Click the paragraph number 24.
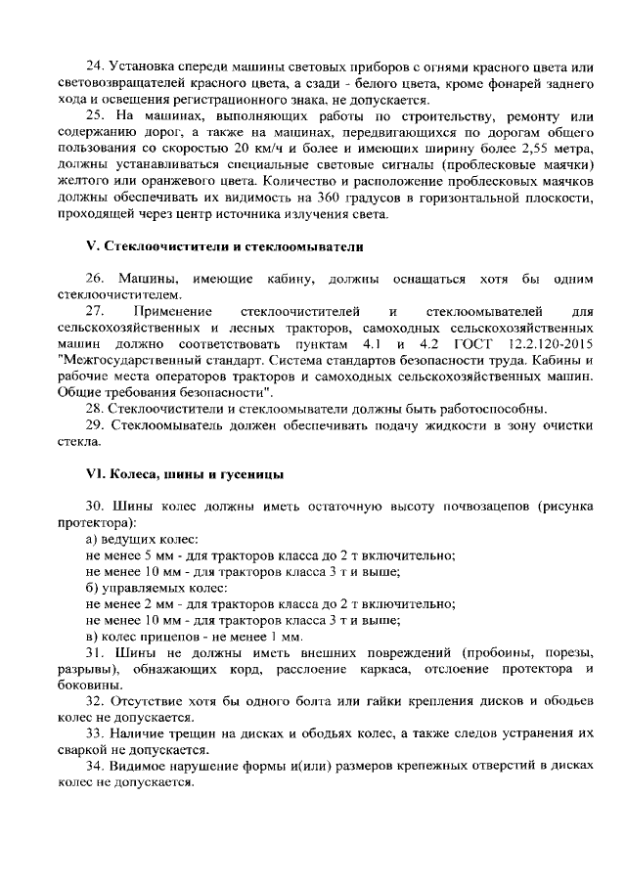click(96, 66)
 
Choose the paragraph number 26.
click(96, 280)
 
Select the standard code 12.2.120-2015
click(551, 346)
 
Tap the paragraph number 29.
click(96, 425)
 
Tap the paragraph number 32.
click(96, 700)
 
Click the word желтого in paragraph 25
click(83, 182)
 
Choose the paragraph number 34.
click(96, 766)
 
